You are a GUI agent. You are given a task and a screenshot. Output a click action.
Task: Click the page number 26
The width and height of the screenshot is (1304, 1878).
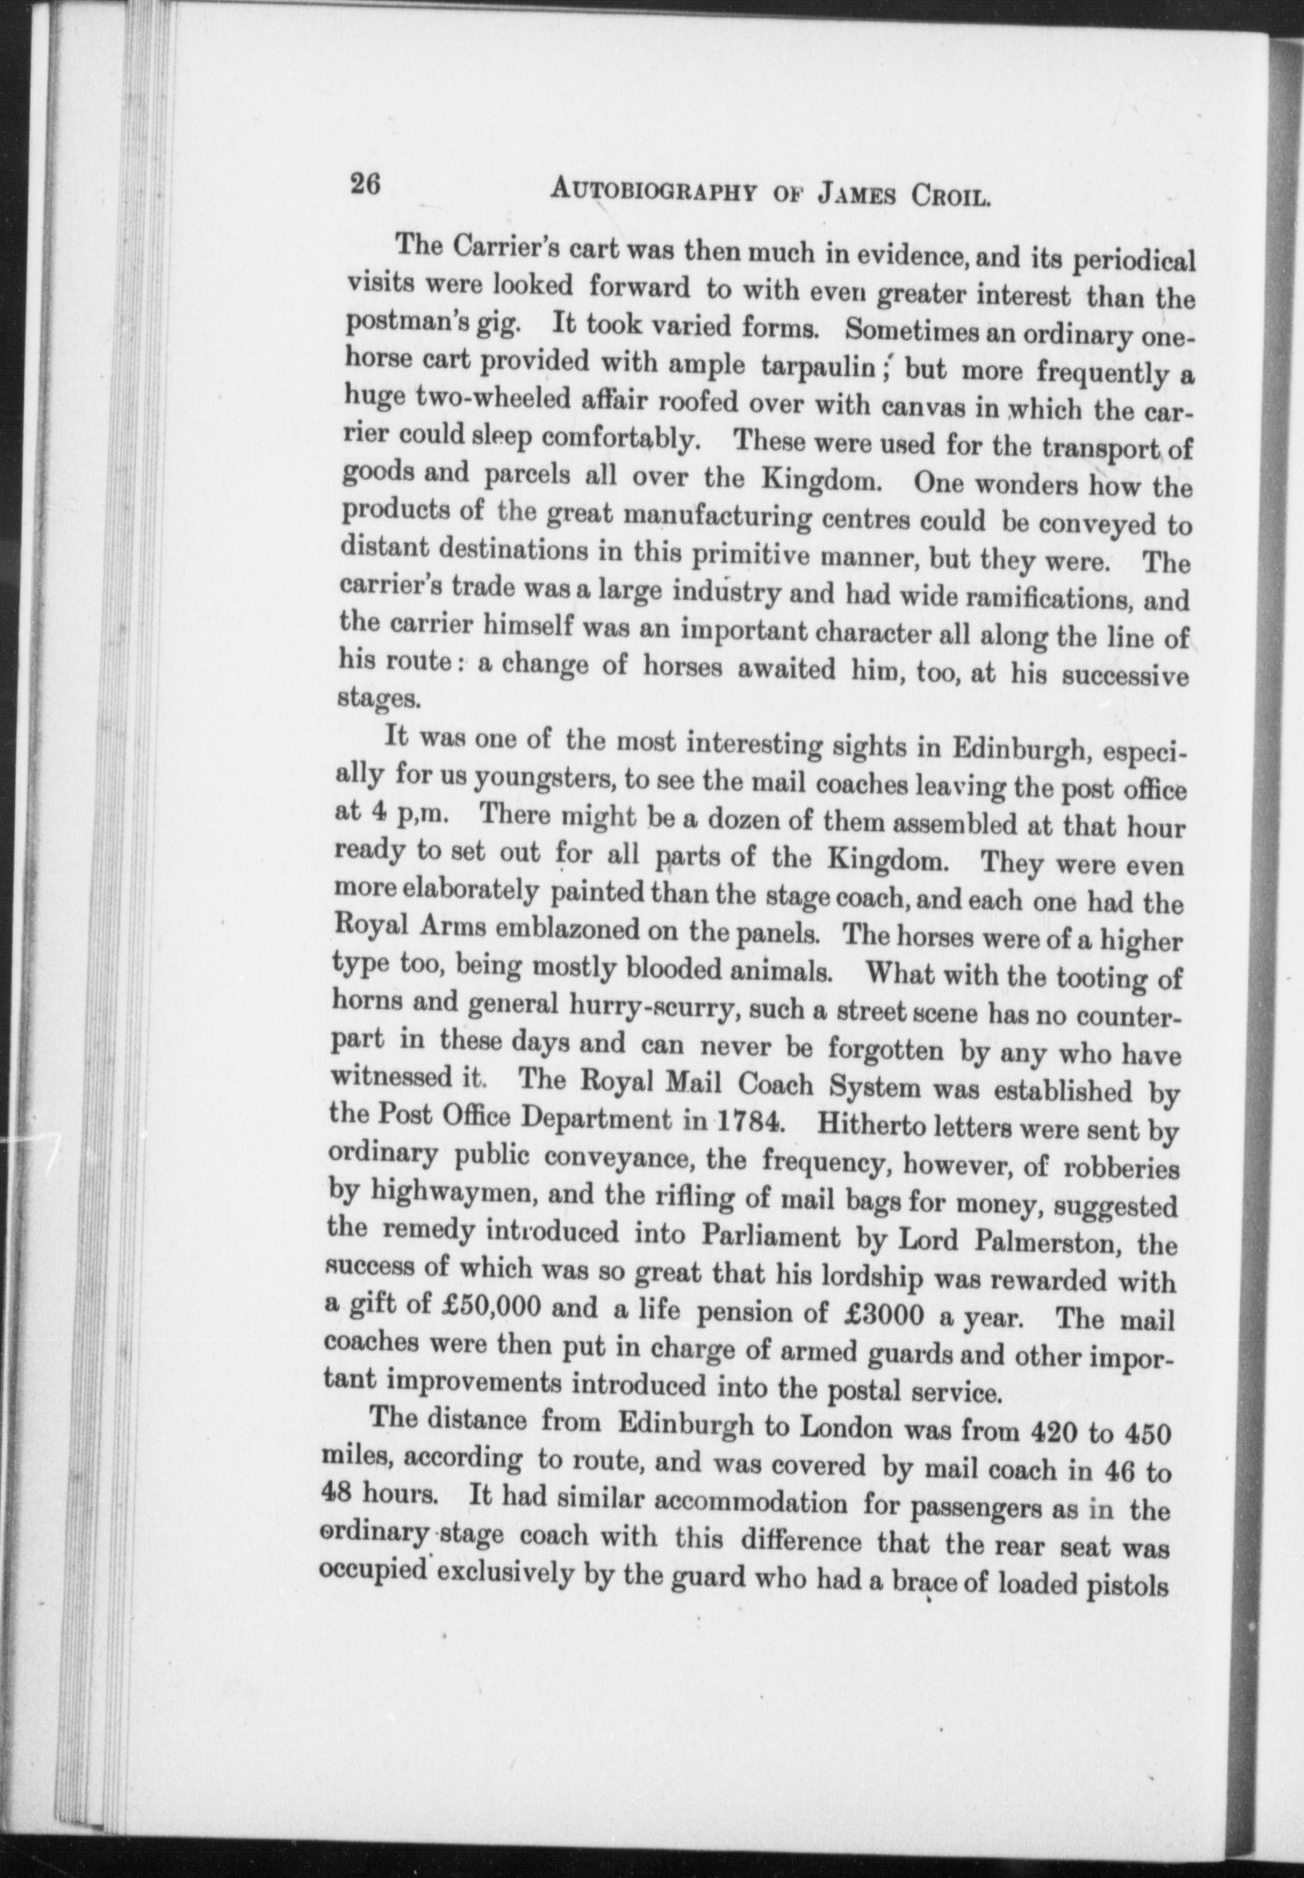364,187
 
